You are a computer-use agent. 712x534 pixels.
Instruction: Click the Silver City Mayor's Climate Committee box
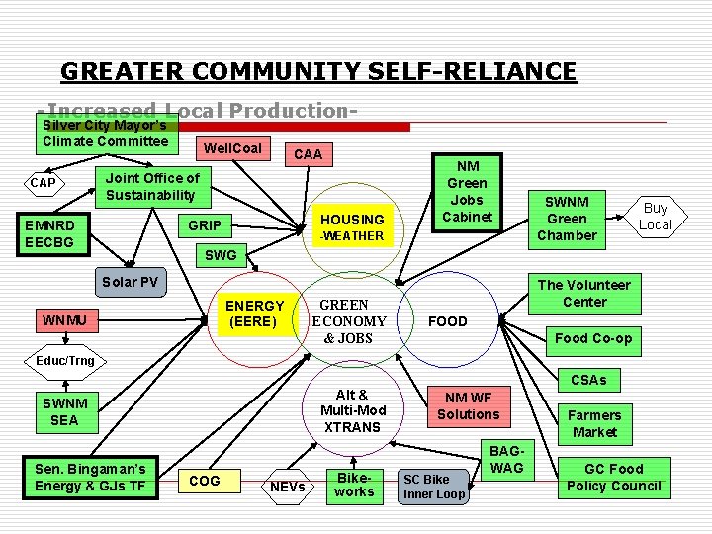click(x=106, y=133)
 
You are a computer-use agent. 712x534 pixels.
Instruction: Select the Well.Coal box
click(x=232, y=149)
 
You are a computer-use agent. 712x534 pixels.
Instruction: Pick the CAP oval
click(x=44, y=183)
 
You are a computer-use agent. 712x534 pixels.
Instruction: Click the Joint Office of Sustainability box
click(x=152, y=186)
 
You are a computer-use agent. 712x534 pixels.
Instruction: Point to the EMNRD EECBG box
click(x=50, y=233)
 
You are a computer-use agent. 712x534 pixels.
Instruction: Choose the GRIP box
click(x=205, y=225)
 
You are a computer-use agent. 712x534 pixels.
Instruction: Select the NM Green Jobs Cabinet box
click(x=467, y=192)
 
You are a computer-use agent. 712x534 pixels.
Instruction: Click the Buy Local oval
click(x=655, y=217)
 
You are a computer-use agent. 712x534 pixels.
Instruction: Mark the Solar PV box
click(x=130, y=282)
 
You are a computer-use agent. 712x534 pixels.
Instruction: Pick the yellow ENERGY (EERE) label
click(x=255, y=313)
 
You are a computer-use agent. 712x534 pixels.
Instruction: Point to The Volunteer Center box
click(x=584, y=293)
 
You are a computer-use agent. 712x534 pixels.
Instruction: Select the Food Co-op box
click(x=593, y=338)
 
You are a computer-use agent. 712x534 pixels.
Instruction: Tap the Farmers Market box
click(x=594, y=423)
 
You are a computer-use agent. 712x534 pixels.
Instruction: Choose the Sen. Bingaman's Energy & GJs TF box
click(x=90, y=477)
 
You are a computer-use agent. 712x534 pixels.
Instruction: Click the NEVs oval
click(x=288, y=487)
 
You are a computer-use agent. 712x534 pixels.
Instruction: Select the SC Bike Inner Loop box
click(x=433, y=487)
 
